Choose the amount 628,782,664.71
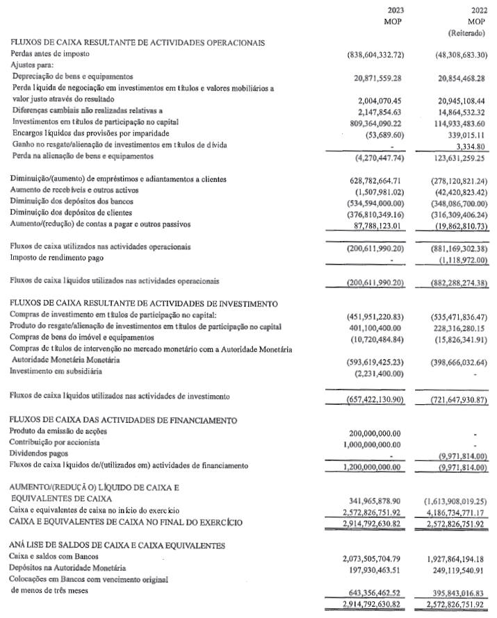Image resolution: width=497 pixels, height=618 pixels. coord(387,181)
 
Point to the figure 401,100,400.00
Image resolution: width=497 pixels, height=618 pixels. coord(387,327)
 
